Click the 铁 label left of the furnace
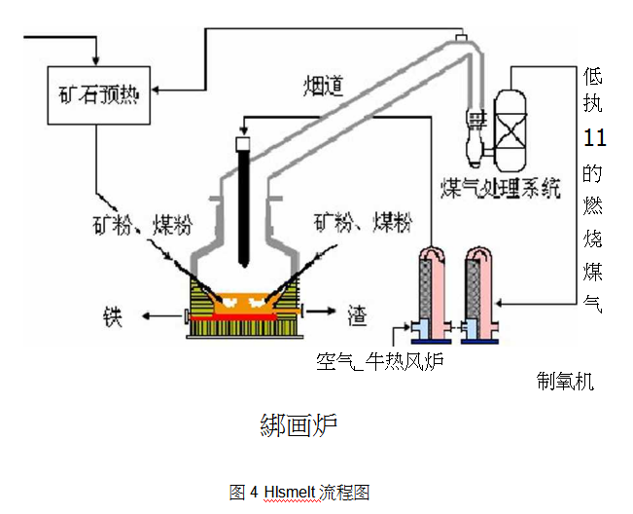pyautogui.click(x=113, y=317)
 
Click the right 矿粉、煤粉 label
pyautogui.click(x=362, y=224)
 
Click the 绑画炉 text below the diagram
pyautogui.click(x=299, y=425)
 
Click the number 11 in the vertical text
pyautogui.click(x=593, y=137)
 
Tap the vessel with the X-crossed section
pyautogui.click(x=510, y=128)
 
